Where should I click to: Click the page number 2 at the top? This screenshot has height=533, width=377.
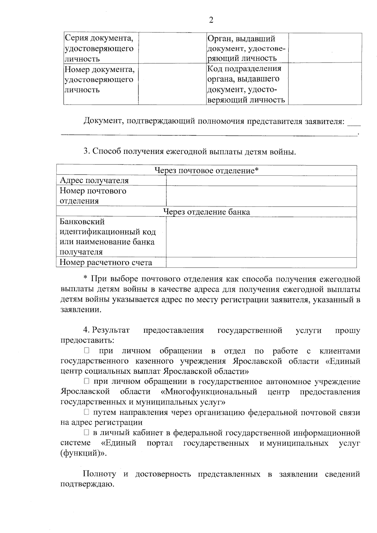click(211, 20)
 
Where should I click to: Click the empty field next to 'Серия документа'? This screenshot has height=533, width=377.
click(172, 48)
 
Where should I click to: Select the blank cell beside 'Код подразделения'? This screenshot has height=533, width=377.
click(325, 83)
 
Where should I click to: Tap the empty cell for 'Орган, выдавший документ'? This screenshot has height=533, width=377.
click(325, 48)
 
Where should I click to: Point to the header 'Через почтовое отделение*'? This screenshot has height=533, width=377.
click(206, 170)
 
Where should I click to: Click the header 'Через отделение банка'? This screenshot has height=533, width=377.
click(206, 212)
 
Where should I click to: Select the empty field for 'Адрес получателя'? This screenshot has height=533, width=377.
click(261, 181)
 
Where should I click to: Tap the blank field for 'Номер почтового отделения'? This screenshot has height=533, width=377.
click(261, 196)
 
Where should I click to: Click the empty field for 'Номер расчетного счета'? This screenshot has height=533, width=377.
click(261, 263)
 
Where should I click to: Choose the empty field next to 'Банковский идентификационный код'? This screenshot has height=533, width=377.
click(261, 237)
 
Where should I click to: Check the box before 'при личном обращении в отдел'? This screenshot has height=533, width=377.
click(86, 351)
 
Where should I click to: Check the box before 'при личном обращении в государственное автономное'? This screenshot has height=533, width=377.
click(86, 381)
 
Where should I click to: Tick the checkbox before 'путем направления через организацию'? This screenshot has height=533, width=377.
click(86, 412)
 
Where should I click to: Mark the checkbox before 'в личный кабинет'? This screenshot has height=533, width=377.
click(86, 433)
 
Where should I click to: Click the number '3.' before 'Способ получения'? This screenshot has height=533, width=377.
click(86, 151)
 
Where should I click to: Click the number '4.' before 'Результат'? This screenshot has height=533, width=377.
click(86, 330)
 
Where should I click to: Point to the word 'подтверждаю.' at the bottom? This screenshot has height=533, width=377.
click(87, 485)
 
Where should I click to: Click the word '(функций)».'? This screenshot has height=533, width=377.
click(83, 454)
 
